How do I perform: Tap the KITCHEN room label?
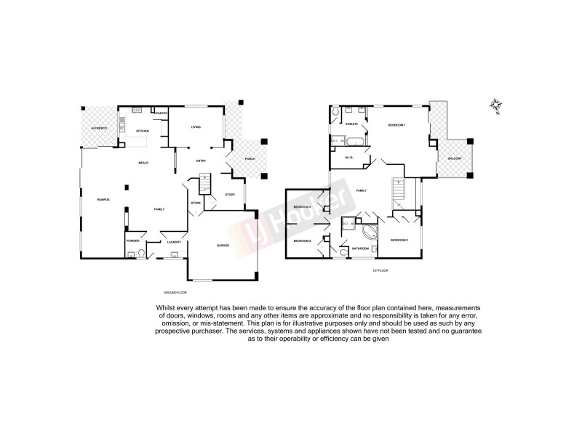(x=143, y=131)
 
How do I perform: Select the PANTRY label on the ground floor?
(x=161, y=113)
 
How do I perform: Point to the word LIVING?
(x=196, y=127)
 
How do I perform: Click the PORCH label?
(x=251, y=159)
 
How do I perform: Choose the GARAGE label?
(x=223, y=246)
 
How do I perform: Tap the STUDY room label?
(x=229, y=194)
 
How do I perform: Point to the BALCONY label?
(x=455, y=158)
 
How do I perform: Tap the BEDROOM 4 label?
(x=302, y=207)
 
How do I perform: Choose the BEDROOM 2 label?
(x=399, y=240)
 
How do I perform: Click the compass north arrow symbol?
(x=497, y=105)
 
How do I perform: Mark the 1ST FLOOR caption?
(x=381, y=270)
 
